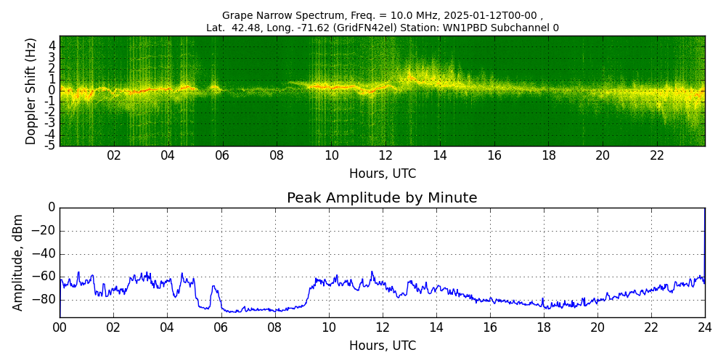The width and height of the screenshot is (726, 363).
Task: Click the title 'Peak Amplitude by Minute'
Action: coord(382,198)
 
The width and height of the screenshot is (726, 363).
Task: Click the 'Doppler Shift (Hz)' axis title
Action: coord(31,91)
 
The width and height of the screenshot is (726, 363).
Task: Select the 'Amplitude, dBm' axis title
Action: coord(19,262)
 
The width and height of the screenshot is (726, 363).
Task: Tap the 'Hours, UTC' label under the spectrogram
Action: coord(383,174)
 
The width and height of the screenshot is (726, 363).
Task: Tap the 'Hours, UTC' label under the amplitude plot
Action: coord(383,346)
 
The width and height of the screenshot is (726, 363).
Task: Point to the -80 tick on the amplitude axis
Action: coord(44,299)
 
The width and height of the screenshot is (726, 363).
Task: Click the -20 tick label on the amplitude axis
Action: coord(44,231)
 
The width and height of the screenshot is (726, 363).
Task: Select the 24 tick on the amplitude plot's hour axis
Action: coord(705,327)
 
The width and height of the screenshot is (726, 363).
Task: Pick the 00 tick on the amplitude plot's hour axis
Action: coord(60,327)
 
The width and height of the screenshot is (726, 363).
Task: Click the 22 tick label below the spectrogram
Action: coord(657,155)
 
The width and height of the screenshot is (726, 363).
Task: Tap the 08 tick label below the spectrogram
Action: coord(277,155)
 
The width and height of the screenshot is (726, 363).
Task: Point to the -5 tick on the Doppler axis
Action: coord(51,145)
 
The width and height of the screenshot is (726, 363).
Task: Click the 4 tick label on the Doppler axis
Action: coord(52,45)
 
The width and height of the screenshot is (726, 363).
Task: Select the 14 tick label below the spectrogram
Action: coord(439,155)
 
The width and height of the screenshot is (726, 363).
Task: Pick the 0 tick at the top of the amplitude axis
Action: coord(52,208)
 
